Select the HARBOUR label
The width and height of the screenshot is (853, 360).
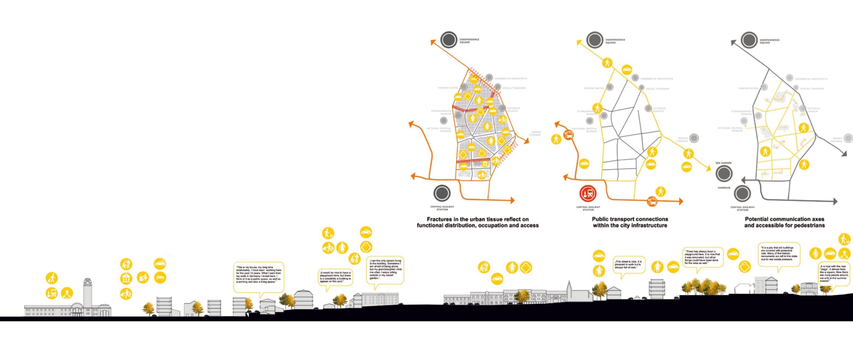(x=724, y=188)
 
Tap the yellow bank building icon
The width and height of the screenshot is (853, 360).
(x=126, y=278)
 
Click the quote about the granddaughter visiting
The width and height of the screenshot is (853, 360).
(x=385, y=270)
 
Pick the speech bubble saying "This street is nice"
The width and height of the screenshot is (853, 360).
(x=628, y=264)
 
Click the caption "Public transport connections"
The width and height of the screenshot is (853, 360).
(x=630, y=219)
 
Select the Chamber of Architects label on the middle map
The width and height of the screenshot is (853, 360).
(x=656, y=79)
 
